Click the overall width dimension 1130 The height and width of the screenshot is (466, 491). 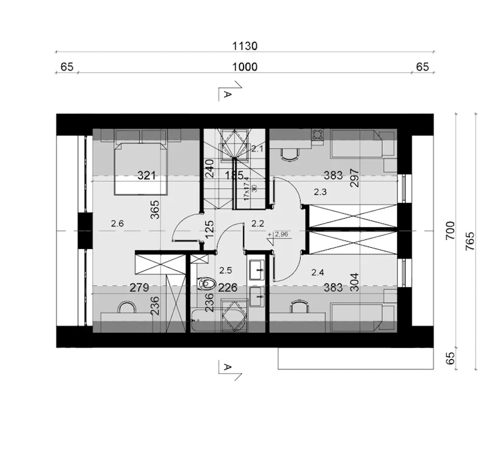244,46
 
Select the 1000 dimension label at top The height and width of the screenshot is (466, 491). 244,67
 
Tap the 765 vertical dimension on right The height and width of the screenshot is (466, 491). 470,241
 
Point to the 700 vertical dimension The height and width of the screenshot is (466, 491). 450,231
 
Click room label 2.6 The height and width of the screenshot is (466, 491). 117,224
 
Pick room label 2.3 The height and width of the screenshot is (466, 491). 320,192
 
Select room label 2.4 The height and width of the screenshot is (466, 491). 318,272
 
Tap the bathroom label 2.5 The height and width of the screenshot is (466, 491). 226,270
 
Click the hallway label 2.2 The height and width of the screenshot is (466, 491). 257,224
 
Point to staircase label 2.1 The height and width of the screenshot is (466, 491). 257,149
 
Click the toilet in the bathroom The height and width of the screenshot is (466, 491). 207,284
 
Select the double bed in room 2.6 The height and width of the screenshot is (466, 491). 141,169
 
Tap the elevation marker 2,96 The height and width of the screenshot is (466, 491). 281,234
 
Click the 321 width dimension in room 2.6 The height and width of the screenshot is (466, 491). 147,176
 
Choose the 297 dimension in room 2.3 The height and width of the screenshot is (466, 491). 354,178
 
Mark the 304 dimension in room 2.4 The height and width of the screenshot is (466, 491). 354,282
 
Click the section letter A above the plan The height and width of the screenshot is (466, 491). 227,94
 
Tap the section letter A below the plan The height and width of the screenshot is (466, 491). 227,367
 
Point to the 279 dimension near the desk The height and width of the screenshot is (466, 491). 139,288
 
